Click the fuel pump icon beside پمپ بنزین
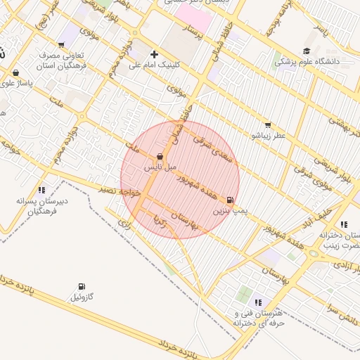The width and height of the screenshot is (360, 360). point(231,200)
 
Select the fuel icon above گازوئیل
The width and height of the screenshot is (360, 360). point(82,287)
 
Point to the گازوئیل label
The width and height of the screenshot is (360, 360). point(82,297)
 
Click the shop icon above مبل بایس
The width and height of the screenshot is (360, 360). point(160,157)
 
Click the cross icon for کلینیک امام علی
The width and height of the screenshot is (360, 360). point(154,54)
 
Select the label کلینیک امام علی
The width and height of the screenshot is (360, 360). point(155,64)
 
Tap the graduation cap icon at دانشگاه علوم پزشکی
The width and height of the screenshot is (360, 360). point(306,51)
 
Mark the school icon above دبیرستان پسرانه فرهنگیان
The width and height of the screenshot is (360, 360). point(41,190)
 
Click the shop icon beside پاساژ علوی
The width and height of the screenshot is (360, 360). point(15,73)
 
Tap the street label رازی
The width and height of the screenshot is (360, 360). point(124,225)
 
